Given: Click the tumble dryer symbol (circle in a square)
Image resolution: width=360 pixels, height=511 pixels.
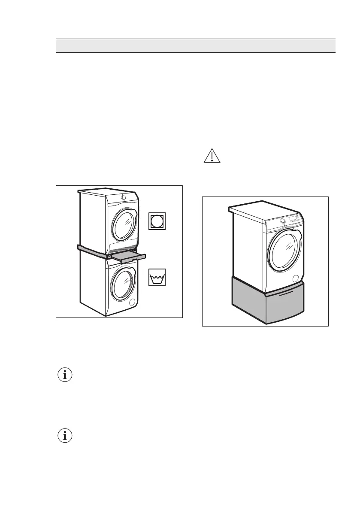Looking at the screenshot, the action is click(x=157, y=221).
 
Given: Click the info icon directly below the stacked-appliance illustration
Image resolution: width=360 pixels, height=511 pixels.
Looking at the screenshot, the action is click(x=65, y=375).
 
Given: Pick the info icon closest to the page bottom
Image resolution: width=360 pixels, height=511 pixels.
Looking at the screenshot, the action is click(x=65, y=436).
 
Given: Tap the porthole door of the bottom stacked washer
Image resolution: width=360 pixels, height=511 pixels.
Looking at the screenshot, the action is click(x=123, y=284).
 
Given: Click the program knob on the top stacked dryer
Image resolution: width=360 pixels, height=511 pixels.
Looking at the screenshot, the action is click(x=123, y=197).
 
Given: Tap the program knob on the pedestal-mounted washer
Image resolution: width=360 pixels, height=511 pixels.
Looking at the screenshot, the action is click(x=282, y=221).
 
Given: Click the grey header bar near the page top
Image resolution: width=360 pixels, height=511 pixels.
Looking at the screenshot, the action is click(x=196, y=45).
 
